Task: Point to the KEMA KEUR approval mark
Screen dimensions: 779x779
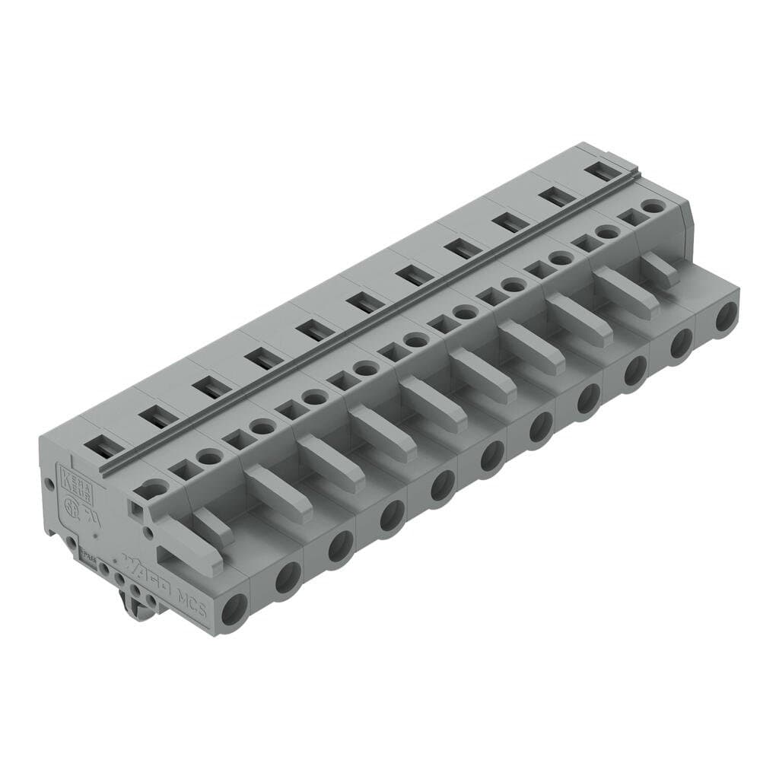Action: (x=76, y=482)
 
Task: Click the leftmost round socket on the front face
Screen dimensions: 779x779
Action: (x=234, y=609)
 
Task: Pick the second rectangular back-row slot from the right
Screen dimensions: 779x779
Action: (x=558, y=197)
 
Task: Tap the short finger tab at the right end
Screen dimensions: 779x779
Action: (x=659, y=270)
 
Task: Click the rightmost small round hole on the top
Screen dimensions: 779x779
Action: (x=651, y=206)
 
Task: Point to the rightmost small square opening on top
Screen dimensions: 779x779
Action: (x=628, y=218)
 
